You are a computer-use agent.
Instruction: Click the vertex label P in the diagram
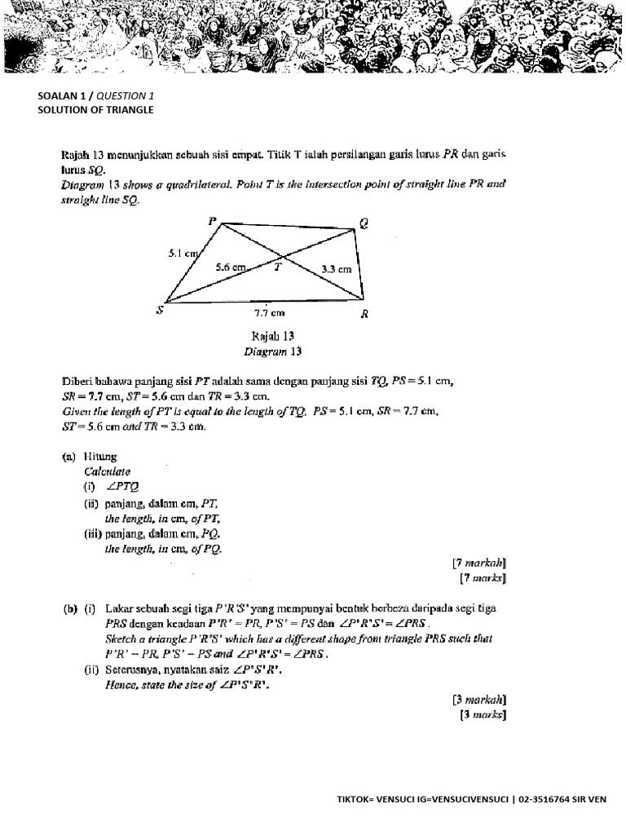[212, 221]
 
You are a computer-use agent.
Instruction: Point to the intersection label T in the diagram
[277, 266]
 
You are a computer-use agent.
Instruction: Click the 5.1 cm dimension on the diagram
[183, 254]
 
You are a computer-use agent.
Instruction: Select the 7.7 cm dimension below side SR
[269, 311]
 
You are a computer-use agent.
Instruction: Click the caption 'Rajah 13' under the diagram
[273, 336]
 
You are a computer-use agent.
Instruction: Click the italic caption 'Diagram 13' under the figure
[273, 351]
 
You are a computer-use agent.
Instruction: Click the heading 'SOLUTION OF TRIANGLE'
[95, 109]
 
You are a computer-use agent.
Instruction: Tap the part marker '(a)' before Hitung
[70, 457]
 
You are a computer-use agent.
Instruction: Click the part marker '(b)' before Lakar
[70, 608]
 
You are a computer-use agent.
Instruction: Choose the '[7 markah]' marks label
[478, 563]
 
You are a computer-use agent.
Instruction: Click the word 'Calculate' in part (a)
[107, 472]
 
